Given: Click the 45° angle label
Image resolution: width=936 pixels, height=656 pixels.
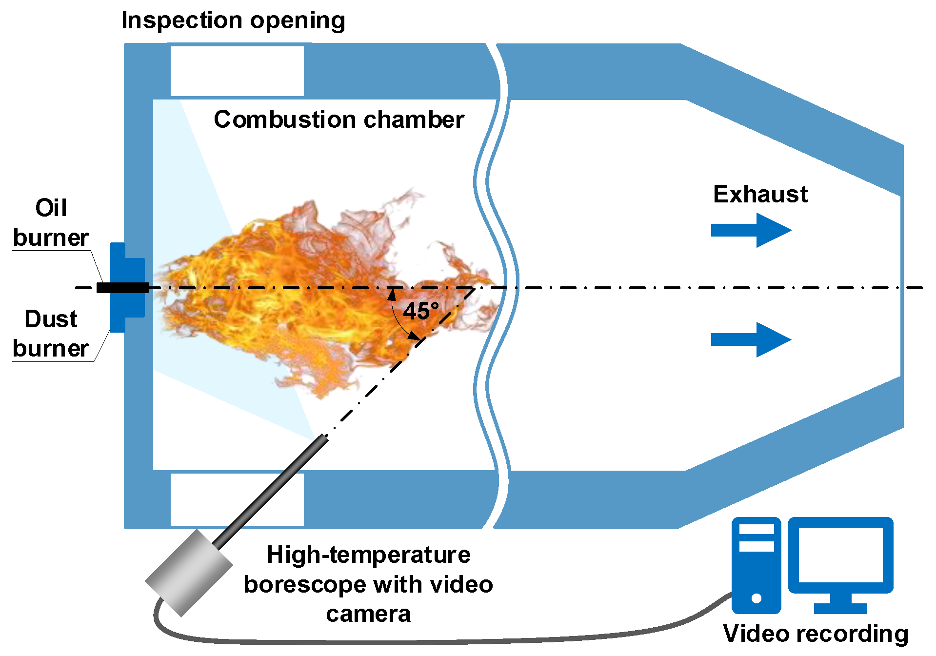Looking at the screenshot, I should pos(421,311).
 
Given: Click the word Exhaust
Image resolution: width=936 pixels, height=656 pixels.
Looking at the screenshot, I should pos(760,194).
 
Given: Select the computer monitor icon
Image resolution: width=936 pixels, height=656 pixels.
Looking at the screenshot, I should pos(840,556).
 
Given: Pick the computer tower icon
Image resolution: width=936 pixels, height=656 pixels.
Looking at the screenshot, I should pos(756,565).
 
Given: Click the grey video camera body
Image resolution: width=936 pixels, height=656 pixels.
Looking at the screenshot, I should pos(189,574).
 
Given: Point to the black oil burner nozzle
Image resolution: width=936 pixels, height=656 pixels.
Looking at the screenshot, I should pos(122,288).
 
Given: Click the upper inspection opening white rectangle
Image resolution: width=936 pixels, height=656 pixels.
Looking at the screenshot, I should pos(237,71).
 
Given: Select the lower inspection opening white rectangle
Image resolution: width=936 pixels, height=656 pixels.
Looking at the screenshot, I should pos(237,498).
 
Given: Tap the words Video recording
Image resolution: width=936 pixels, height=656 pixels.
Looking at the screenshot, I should pos(816,634).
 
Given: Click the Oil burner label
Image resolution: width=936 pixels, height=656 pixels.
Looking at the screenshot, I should pos(51,223).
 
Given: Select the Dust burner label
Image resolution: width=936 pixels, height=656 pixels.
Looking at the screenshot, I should pos(51,334).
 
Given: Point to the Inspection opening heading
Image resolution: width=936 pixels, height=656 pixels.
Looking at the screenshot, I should pos(233,20).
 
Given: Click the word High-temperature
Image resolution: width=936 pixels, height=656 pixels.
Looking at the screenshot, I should pos(369,555).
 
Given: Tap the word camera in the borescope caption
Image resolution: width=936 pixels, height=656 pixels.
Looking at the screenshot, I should pos(368,614).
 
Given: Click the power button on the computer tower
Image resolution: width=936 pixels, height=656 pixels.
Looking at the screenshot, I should pos(757,598).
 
